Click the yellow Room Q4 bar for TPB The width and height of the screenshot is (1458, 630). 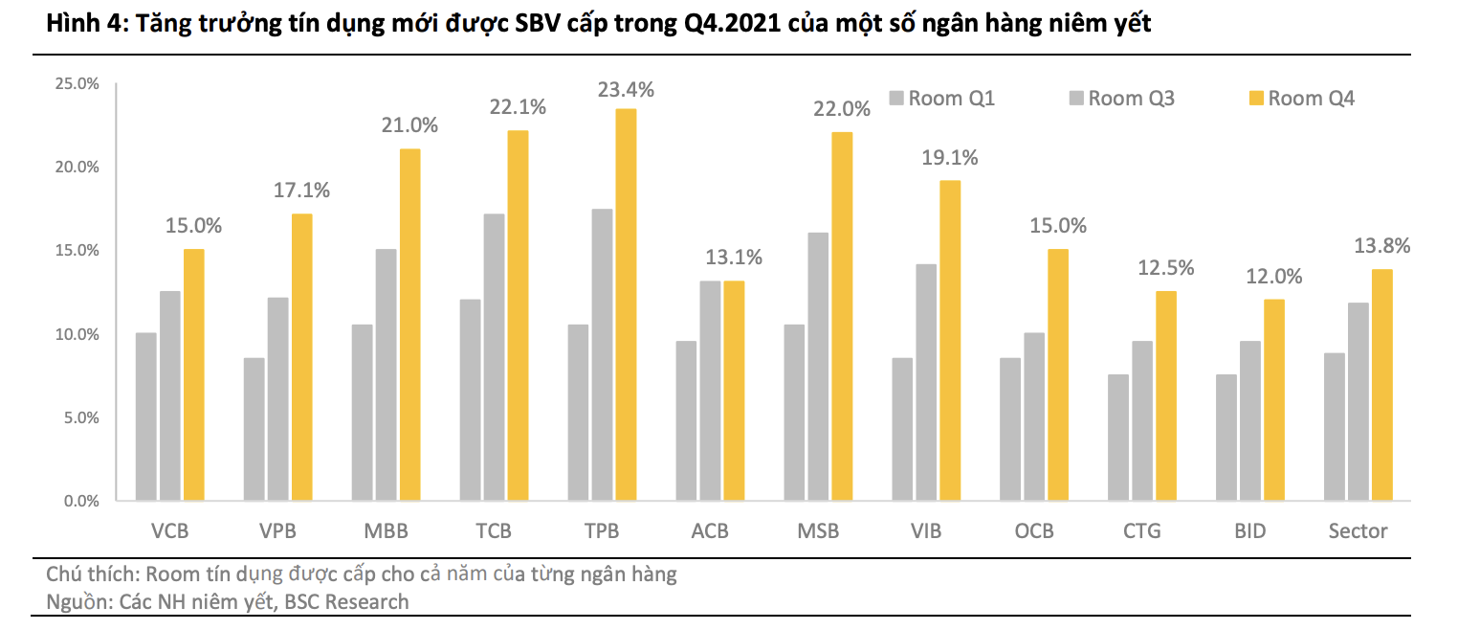coord(626,304)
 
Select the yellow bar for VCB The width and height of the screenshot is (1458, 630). coord(194,374)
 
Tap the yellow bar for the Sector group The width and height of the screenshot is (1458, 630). coord(1381,385)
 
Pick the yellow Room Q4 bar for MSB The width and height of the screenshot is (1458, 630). coord(842,316)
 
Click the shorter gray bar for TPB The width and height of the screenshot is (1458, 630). coord(578,412)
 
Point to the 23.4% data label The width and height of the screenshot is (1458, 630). coord(626,90)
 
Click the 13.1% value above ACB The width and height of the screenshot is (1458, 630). coord(734,257)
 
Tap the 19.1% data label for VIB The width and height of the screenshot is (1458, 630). coord(950,159)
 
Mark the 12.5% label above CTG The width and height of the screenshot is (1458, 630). coord(1165,268)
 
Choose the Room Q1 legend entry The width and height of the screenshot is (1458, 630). coord(941,98)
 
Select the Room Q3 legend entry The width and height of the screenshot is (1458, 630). coord(1121,98)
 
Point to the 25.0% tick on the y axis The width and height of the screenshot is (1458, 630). coord(77,83)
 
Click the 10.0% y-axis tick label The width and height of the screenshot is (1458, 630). coord(77,334)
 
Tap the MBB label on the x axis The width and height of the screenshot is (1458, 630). coord(386,530)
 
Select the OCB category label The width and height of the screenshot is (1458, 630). coord(1034,530)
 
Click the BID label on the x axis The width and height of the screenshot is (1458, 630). coord(1249,530)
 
